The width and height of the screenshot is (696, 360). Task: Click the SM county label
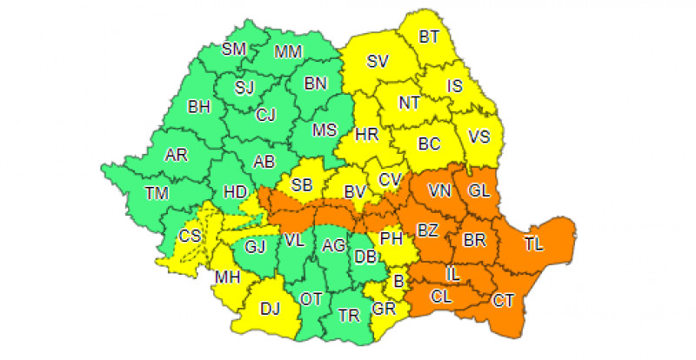click(x=233, y=50)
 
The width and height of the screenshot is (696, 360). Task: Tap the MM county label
click(x=287, y=52)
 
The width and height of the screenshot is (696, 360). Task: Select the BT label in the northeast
click(x=429, y=37)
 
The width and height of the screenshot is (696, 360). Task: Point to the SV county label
click(x=377, y=62)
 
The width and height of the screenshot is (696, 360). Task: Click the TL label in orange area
click(x=534, y=244)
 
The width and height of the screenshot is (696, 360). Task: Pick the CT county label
click(x=503, y=301)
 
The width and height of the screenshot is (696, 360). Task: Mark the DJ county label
click(x=271, y=306)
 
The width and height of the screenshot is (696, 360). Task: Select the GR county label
click(x=384, y=309)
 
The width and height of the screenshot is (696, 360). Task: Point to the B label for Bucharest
click(x=400, y=280)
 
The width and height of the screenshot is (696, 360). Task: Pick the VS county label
click(x=479, y=136)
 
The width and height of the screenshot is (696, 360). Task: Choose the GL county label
click(x=479, y=190)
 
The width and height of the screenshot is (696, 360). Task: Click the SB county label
click(x=302, y=184)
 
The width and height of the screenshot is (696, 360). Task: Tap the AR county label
click(x=177, y=156)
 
